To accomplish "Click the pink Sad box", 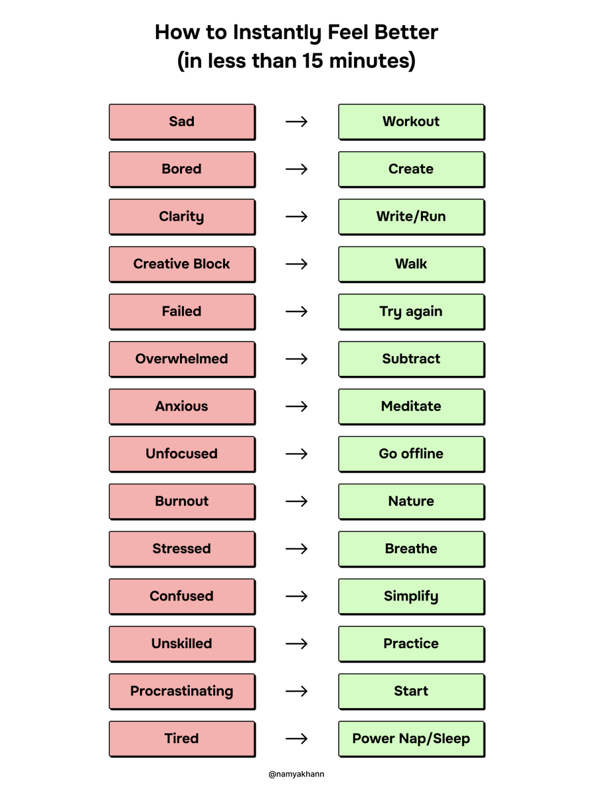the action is (x=182, y=122).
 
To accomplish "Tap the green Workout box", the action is (x=412, y=122).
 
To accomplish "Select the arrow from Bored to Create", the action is (x=296, y=169).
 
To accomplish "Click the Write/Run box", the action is (x=412, y=217).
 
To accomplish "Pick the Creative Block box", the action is (x=182, y=264).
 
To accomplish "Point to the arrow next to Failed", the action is (x=296, y=311).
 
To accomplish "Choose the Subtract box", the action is (x=412, y=359).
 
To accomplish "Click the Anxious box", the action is (x=182, y=406).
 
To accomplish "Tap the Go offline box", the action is (x=412, y=454).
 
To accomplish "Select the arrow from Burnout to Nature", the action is (x=296, y=501).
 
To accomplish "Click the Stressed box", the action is (x=182, y=549).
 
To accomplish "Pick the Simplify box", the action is (x=412, y=596).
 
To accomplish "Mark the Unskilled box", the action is (x=182, y=644).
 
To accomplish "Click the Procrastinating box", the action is (x=182, y=691).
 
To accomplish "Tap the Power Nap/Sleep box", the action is (x=412, y=739).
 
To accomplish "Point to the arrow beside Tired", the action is (x=296, y=738).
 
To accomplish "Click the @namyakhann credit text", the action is (x=296, y=774).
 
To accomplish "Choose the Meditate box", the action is (x=412, y=406).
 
